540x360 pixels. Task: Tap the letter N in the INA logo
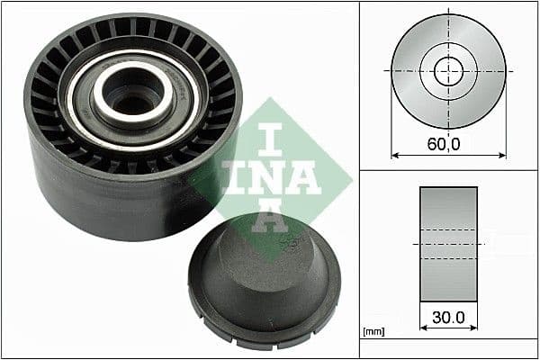270,177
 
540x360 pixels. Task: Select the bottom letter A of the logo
270,216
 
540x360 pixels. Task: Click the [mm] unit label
372,332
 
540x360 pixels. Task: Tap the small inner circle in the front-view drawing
448,70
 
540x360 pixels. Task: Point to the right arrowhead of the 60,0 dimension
501,155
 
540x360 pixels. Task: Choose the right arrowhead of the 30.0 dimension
473,329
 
